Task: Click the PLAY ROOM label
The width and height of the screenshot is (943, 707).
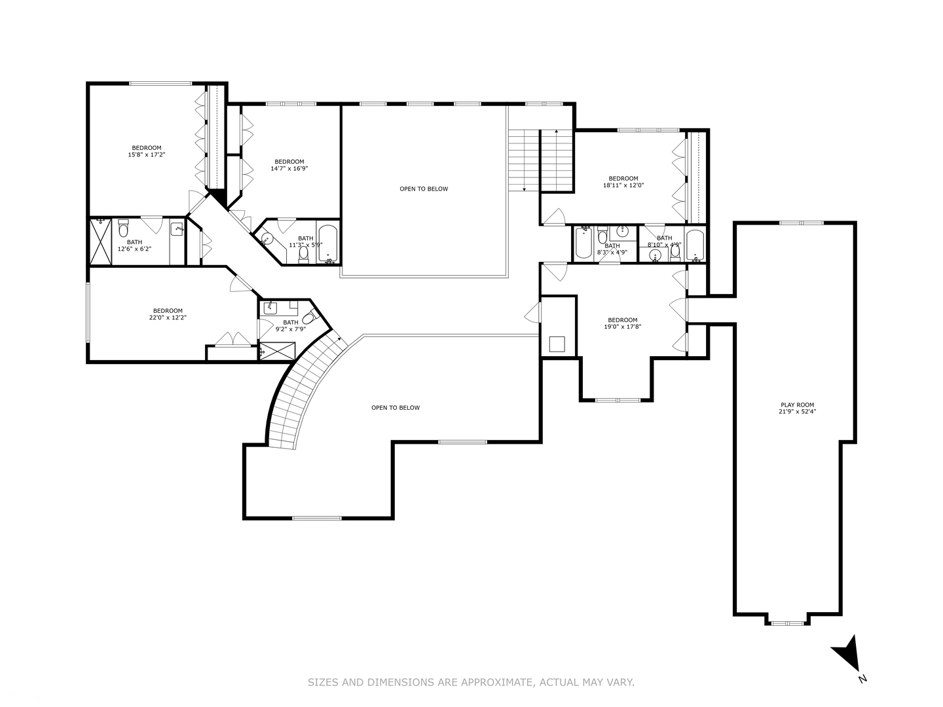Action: pos(797,405)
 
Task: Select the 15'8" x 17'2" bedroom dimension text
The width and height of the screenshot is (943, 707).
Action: pos(146,155)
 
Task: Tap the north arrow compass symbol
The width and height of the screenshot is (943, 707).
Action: pos(847,652)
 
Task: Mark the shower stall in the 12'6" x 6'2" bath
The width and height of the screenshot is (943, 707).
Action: pos(100,242)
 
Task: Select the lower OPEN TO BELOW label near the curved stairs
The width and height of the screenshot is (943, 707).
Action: pos(396,408)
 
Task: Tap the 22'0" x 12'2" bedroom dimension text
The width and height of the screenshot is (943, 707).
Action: pos(168,318)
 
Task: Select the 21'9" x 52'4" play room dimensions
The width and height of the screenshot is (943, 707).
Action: pos(797,412)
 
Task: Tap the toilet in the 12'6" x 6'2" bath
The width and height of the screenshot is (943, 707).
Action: pos(123,230)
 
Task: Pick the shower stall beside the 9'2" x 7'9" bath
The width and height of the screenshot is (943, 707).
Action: pos(277,352)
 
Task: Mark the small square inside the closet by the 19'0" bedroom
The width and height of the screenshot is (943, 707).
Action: pos(557,344)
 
